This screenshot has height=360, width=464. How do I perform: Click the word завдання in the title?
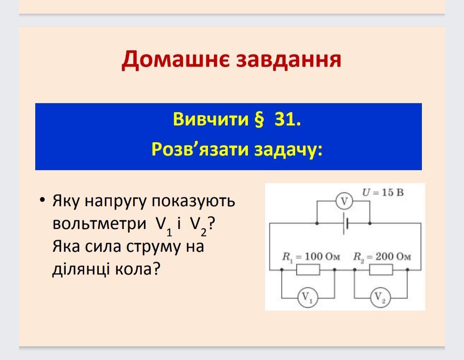tap(289, 59)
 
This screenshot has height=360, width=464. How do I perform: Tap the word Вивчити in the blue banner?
tap(211, 119)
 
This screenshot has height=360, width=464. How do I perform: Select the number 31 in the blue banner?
tap(287, 119)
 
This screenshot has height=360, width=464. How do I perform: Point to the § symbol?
tap(259, 119)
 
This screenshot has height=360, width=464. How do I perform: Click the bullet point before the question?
tap(43, 200)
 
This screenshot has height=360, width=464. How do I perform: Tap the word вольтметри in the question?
tap(99, 223)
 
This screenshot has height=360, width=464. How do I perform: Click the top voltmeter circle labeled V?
tap(344, 201)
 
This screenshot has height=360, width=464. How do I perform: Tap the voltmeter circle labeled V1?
tap(308, 297)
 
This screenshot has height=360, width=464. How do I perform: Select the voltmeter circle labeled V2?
tap(380, 297)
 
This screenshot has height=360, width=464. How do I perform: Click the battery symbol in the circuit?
tap(345, 223)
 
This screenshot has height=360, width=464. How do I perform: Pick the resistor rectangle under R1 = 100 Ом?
tap(308, 269)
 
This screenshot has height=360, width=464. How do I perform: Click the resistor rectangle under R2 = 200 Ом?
tap(381, 269)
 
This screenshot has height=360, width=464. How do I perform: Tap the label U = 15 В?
tap(383, 192)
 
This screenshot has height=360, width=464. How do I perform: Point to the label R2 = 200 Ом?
tap(382, 257)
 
